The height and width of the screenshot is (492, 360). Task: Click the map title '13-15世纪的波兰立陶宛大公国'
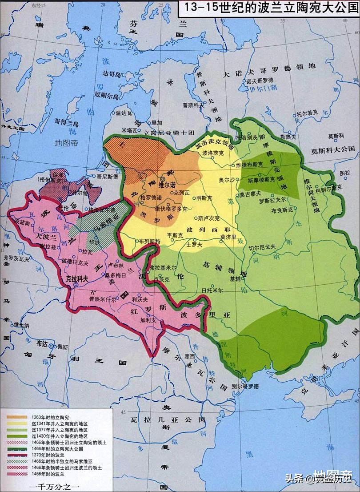pos(268,9)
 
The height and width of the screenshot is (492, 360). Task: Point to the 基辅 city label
pos(235,279)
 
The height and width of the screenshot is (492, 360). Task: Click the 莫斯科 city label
pos(336,136)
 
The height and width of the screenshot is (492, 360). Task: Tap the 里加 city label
pos(157,122)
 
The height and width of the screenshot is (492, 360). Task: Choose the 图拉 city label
pos(345,172)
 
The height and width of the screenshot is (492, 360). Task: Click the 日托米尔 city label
pos(212,290)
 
